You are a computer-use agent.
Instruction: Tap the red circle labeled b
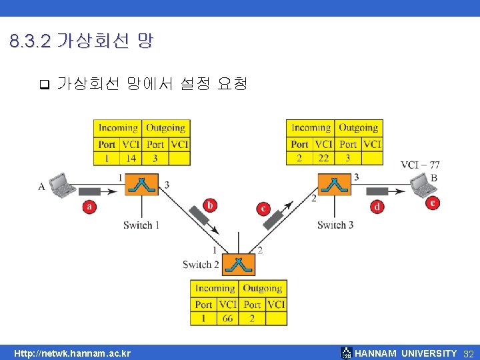[x=211, y=205]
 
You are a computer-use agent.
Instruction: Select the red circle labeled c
[x=264, y=209]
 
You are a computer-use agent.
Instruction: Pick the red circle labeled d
[x=377, y=207]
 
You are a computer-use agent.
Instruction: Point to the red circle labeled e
[x=434, y=203]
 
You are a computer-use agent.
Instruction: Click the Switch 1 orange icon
[x=142, y=184]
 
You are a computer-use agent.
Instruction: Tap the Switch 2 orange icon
[x=239, y=265]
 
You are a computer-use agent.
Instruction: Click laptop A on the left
[x=63, y=185]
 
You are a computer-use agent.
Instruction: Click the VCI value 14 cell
[x=131, y=158]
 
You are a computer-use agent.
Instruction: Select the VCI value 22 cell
[x=323, y=158]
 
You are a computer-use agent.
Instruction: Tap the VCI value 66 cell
[x=227, y=319]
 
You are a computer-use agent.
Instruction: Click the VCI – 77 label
[x=420, y=165]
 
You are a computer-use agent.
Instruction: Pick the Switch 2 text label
[x=201, y=265]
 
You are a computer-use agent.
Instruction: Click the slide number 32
[x=468, y=353]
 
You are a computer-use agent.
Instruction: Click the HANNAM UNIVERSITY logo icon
[x=346, y=353]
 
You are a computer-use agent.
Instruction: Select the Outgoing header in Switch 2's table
[x=262, y=289]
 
